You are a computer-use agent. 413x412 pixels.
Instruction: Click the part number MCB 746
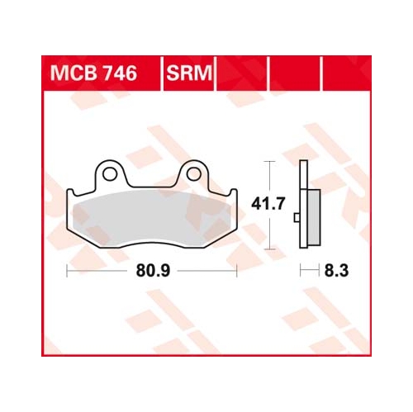pyautogui.click(x=93, y=73)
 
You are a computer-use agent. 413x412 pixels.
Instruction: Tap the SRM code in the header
pyautogui.click(x=189, y=73)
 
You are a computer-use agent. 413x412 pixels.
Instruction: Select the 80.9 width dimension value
pyautogui.click(x=153, y=271)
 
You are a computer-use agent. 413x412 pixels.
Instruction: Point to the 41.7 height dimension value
pyautogui.click(x=268, y=204)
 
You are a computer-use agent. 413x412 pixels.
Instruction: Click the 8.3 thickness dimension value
pyautogui.click(x=336, y=271)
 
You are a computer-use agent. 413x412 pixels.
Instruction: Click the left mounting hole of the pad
pyautogui.click(x=110, y=174)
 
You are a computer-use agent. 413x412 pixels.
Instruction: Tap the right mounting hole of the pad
pyautogui.click(x=194, y=174)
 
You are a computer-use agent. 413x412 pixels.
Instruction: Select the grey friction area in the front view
pyautogui.click(x=151, y=218)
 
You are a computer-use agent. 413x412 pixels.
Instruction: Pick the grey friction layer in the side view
pyautogui.click(x=314, y=217)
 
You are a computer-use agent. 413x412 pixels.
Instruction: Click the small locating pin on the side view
pyautogui.click(x=297, y=217)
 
